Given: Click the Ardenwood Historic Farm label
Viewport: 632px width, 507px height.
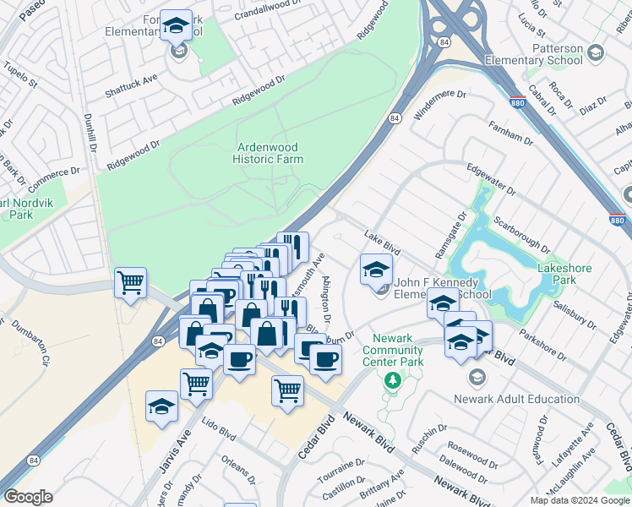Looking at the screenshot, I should [x=269, y=152].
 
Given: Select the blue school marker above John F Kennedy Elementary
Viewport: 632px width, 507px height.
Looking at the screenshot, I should [x=376, y=269].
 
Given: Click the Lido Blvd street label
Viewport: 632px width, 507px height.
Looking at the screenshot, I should [x=216, y=433].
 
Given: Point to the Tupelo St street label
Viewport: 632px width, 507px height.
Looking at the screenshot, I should [x=20, y=75].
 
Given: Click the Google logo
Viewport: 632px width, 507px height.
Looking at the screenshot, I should [x=28, y=497].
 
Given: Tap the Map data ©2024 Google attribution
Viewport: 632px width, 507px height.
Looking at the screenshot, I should [x=579, y=500].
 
